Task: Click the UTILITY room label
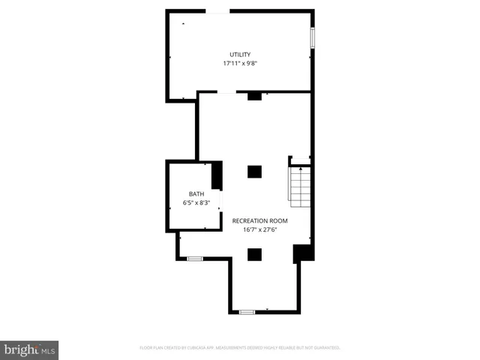pos(240,54)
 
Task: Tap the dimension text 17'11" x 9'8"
pos(240,64)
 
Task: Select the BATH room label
pos(196,193)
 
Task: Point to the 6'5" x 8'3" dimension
pos(196,202)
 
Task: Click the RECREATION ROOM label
pos(259,220)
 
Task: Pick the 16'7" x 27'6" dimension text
pos(259,230)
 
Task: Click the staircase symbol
pos(300,184)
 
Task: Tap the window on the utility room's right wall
pos(312,38)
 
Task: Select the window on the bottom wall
pos(247,311)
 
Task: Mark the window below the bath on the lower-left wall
pos(195,259)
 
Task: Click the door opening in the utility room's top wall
pos(218,10)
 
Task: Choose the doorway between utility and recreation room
pos(226,93)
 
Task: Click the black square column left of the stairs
pos(254,172)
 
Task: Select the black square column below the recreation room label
pos(254,254)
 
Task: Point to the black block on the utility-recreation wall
pos(254,95)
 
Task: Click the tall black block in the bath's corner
pos(217,176)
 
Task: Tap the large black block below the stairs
pos(302,253)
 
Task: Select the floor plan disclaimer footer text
pos(240,348)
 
